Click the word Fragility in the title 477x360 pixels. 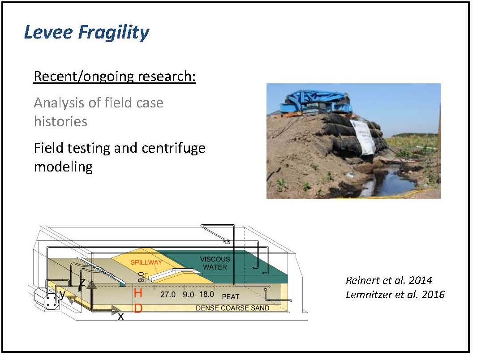tap(114, 33)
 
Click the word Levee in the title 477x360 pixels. tap(49, 32)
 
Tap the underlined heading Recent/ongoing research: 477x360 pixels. tap(115, 76)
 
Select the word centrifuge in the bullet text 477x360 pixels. tap(173, 148)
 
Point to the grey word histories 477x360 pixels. tap(60, 122)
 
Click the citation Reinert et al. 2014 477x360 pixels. tap(389, 280)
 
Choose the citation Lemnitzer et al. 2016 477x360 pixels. tap(395, 294)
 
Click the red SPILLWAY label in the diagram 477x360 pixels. tap(146, 262)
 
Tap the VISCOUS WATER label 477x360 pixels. tap(215, 263)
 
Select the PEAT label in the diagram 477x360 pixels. tap(231, 296)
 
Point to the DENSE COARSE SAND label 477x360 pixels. tap(232, 308)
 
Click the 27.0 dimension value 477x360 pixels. tap(168, 294)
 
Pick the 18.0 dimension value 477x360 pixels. tap(206, 294)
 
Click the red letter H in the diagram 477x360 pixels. tap(138, 293)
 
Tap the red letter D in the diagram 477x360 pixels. tap(138, 309)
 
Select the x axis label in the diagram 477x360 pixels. tap(121, 317)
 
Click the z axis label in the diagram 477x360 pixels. tap(82, 283)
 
